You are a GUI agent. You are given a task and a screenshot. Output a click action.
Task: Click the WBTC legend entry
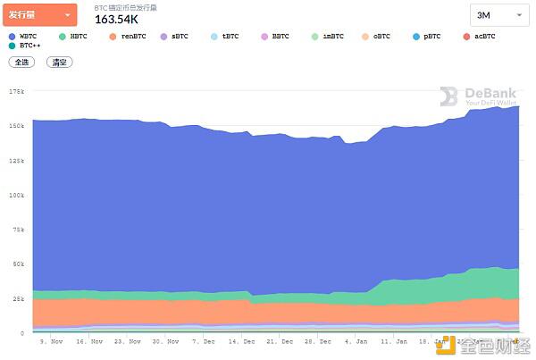point(24,36)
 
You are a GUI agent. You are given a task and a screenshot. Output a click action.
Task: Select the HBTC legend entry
point(74,36)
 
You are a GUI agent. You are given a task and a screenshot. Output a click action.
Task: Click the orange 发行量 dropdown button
point(39,14)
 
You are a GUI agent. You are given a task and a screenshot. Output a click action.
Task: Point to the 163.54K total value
point(116,19)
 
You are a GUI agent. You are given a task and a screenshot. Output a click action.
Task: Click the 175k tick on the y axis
point(16,91)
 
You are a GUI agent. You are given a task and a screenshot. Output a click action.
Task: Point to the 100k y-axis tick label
point(16,195)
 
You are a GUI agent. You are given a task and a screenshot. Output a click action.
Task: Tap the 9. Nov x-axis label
point(53,340)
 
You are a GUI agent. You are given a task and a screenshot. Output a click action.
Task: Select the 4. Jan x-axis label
point(356,340)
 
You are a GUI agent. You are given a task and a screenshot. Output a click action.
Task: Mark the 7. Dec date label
point(204,340)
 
